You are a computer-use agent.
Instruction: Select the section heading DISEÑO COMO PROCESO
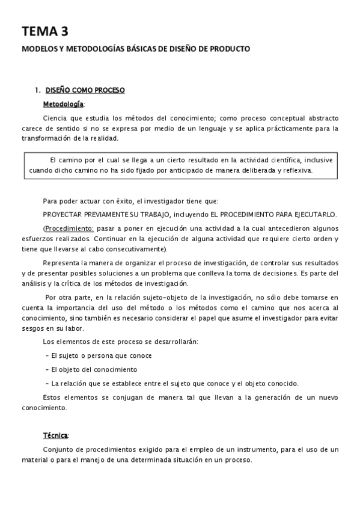click(85, 90)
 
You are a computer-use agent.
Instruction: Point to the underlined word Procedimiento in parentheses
click(69, 229)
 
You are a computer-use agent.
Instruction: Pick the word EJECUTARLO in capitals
click(314, 215)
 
